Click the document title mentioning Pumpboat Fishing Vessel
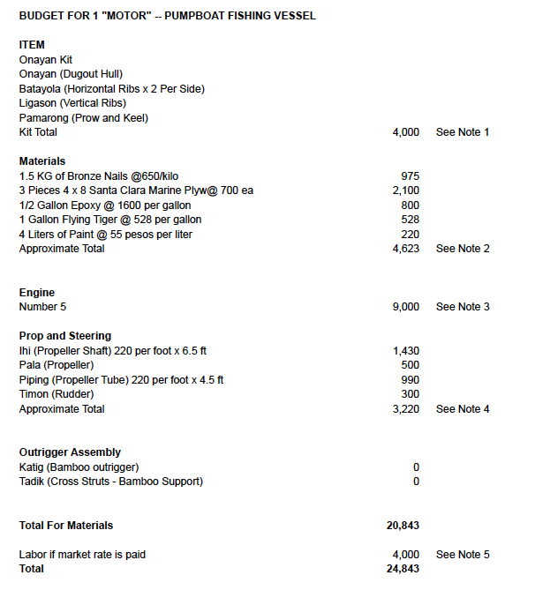[x=167, y=16]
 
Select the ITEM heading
[x=32, y=45]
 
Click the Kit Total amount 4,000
[x=405, y=132]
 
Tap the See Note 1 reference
[x=463, y=132]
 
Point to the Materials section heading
[x=42, y=161]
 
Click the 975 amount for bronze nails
[x=410, y=176]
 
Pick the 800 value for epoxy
[x=410, y=205]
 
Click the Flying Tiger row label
[x=110, y=220]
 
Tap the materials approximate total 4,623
[x=405, y=249]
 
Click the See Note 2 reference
[x=463, y=249]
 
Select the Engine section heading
[x=37, y=293]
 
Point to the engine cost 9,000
[x=405, y=307]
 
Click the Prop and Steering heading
[x=65, y=336]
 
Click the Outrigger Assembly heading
[x=70, y=452]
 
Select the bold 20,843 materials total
[x=403, y=526]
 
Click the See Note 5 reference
[x=463, y=555]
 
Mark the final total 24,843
[x=403, y=569]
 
